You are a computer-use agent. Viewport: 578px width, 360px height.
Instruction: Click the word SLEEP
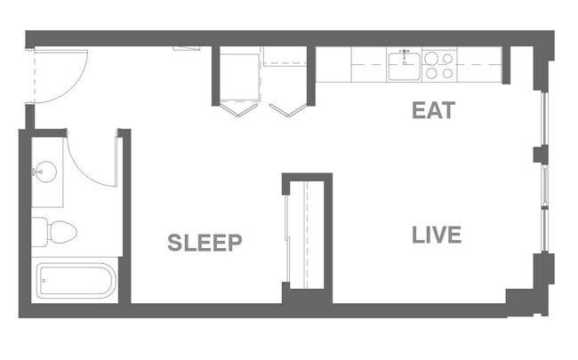point(205,242)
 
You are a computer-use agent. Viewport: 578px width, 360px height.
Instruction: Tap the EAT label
point(433,111)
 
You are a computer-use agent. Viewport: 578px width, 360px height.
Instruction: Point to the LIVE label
point(437,236)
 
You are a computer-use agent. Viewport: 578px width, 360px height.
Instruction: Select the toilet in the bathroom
point(55,232)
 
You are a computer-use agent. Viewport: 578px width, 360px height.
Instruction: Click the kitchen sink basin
point(405,62)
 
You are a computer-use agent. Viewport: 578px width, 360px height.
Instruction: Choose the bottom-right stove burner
point(446,73)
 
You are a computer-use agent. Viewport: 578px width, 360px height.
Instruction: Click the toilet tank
point(38,232)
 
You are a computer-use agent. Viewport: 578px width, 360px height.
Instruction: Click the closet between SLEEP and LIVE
point(307,236)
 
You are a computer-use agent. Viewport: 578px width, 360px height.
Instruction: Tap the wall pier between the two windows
point(541,154)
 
